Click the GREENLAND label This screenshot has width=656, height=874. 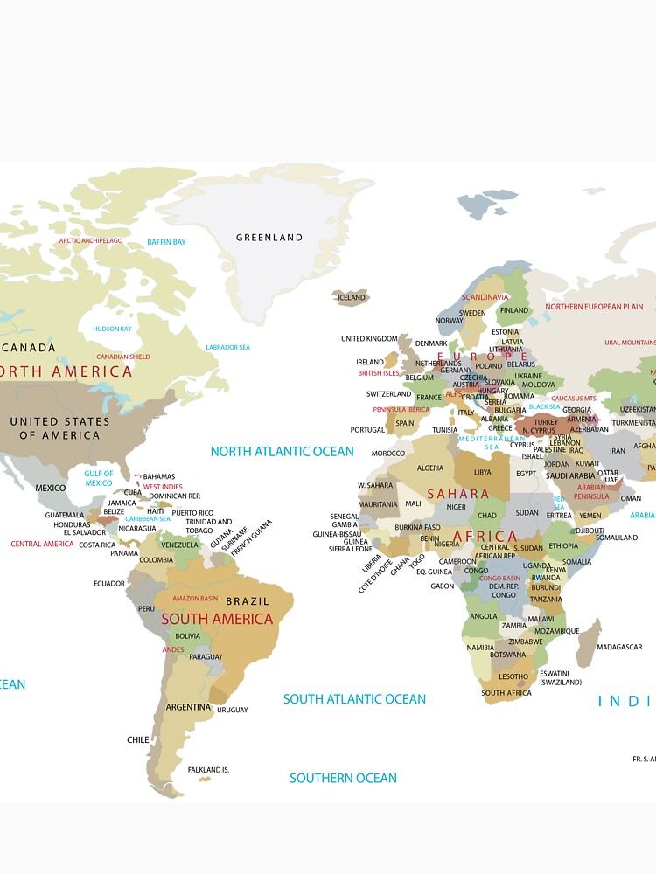pos(269,238)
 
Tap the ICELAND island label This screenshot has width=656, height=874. pos(352,298)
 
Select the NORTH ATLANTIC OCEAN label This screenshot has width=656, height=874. pos(282,452)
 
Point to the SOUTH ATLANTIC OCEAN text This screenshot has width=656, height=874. pos(354,699)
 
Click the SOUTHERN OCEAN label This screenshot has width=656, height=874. pos(343,778)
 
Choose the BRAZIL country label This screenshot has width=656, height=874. pos(248,601)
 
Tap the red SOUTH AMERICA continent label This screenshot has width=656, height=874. pos(217,619)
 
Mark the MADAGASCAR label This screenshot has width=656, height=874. pos(619,648)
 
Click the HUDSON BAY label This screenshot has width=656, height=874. pos(112,329)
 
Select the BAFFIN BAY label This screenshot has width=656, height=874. pos(166,242)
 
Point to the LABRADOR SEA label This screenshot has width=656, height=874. pos(227,348)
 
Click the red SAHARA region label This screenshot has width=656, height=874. pos(457,495)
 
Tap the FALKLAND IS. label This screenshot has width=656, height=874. pos(208,770)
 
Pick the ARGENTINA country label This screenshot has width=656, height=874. pos(188,707)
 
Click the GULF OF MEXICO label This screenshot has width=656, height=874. pos(99,478)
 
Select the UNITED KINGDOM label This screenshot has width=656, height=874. pos(369,339)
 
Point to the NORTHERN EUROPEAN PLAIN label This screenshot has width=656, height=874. pos(594,307)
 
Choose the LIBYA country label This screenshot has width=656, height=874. pos(482,472)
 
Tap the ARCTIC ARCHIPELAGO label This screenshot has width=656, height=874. pos(91,240)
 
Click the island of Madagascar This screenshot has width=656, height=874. pos(589,642)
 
